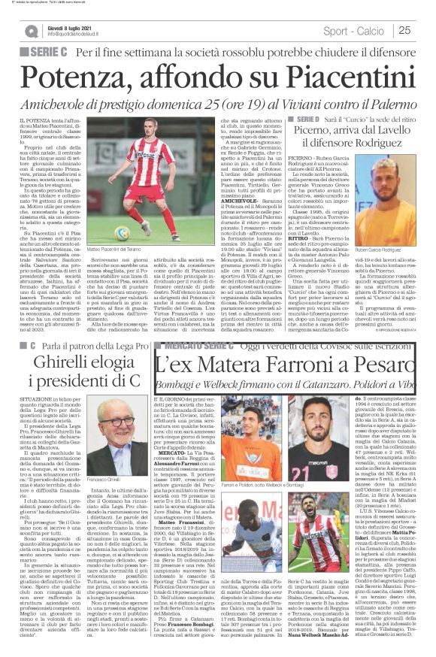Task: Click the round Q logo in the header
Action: (x=31, y=31)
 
